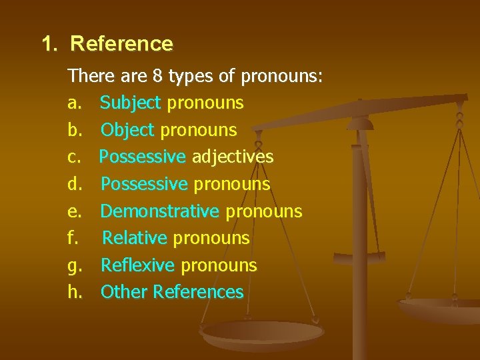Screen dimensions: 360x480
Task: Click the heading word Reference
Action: pos(121,44)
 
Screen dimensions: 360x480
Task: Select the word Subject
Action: pos(131,103)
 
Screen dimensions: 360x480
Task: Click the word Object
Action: pos(127,130)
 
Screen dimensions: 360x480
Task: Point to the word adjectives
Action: pos(233,157)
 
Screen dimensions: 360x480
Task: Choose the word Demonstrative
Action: pos(159,211)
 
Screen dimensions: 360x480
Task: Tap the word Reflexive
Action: pos(137,265)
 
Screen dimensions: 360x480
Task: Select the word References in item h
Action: pos(198,292)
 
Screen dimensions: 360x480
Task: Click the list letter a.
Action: pos(73,103)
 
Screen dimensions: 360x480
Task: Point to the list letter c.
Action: pos(73,157)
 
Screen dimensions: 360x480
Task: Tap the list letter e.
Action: pos(73,211)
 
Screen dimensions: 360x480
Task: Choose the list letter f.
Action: pos(71,238)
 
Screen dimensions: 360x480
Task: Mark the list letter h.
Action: pos(73,292)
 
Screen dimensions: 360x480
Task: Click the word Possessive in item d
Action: pos(143,184)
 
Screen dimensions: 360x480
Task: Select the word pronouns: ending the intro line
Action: pos(282,77)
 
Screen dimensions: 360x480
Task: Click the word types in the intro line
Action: pos(191,77)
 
